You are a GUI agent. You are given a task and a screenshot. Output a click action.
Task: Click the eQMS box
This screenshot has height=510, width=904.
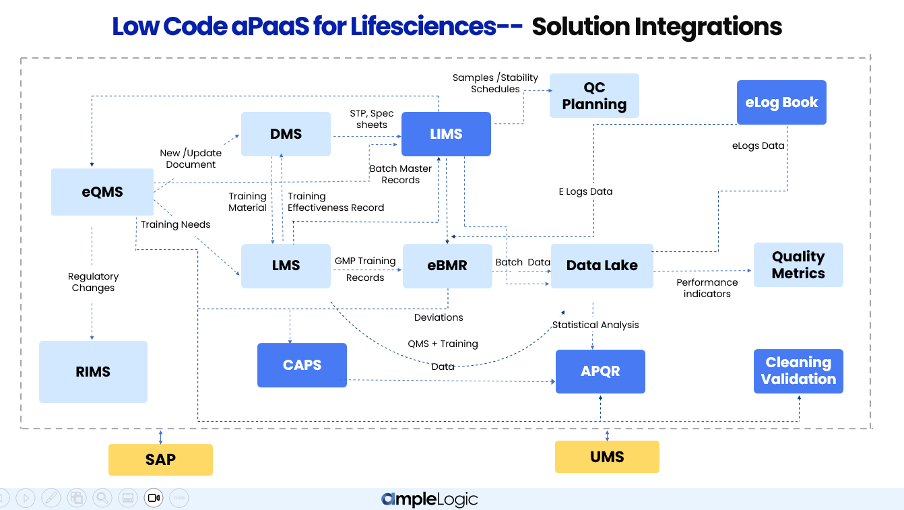(102, 192)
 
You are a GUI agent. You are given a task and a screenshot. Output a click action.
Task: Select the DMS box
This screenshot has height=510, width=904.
(286, 134)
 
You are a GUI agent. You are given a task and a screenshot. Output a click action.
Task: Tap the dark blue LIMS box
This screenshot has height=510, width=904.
(446, 134)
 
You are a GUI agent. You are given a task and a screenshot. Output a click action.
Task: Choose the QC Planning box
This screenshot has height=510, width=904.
(594, 96)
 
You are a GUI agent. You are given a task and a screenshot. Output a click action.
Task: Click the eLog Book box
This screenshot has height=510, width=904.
(781, 102)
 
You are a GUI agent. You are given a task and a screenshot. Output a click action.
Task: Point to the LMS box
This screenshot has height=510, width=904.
(286, 265)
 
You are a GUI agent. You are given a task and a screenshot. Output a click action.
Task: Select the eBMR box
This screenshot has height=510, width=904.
(447, 265)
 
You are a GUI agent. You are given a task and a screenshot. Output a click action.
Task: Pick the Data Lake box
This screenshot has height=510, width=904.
(602, 265)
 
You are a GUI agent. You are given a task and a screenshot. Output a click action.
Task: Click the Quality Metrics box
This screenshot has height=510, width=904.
(798, 265)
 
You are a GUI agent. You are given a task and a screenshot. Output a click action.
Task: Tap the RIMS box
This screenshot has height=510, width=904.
(93, 372)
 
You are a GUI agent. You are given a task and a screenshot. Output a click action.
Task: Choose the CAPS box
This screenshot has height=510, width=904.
(302, 365)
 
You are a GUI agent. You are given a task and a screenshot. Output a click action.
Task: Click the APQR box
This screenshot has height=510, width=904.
(600, 371)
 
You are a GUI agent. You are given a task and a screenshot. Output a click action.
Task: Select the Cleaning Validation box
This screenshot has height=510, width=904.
(798, 371)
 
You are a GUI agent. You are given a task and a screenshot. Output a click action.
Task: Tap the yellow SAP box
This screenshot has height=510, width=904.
(160, 459)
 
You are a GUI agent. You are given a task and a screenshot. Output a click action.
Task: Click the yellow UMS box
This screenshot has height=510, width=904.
(607, 457)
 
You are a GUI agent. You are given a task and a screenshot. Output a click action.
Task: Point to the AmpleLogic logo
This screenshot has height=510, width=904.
(429, 499)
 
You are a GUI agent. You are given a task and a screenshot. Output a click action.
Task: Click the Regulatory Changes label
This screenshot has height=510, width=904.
(93, 282)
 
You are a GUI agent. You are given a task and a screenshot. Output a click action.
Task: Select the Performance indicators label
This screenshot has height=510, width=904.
(707, 288)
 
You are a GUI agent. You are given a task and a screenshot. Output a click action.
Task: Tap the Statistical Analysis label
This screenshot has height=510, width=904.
(595, 325)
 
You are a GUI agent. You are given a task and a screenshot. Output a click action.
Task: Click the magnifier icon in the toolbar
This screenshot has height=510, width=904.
(102, 498)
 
